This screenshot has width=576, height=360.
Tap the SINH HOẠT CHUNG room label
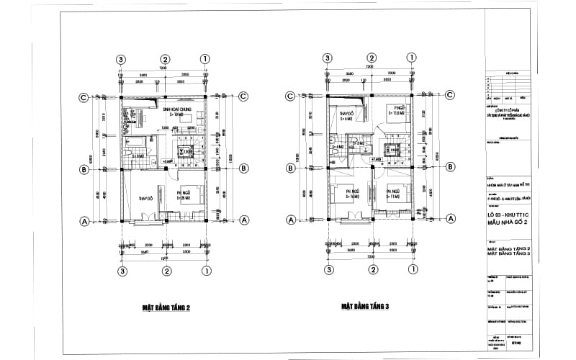[175, 112]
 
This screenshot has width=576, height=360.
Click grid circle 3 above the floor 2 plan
[122, 59]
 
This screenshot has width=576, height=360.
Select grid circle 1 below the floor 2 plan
[206, 271]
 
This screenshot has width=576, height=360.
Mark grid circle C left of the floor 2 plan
[84, 97]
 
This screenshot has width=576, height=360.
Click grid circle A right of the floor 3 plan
[451, 220]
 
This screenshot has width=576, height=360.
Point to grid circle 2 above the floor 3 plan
[372, 59]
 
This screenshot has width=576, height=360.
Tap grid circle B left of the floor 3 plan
[290, 169]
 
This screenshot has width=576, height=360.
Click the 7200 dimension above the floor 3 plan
[370, 66]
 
